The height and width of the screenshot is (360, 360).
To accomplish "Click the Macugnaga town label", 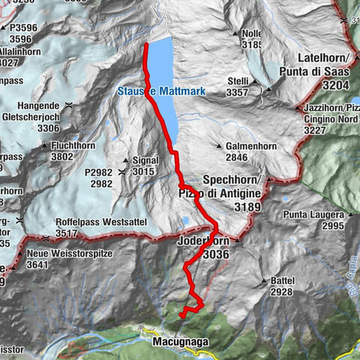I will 179,342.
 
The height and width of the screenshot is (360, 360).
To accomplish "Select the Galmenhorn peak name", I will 247,146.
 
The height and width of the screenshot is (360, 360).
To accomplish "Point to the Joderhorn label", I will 203,243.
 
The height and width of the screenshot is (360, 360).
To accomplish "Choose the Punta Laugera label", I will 313,215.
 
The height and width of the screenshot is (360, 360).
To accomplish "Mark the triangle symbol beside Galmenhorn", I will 218,146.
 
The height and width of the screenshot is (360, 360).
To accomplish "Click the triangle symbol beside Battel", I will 263,281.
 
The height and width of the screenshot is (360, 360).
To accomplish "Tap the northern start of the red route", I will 145,45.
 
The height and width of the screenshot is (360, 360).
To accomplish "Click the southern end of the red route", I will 181,318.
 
